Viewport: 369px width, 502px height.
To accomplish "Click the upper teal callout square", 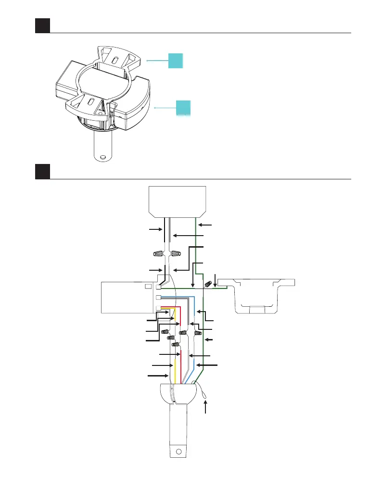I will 176,61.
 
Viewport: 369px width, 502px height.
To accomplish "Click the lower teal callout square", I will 183,108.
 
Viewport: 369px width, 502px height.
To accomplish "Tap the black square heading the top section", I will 43,25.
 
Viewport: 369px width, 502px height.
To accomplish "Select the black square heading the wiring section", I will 43,172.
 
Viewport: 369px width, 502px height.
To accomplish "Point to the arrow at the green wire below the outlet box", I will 204,225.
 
